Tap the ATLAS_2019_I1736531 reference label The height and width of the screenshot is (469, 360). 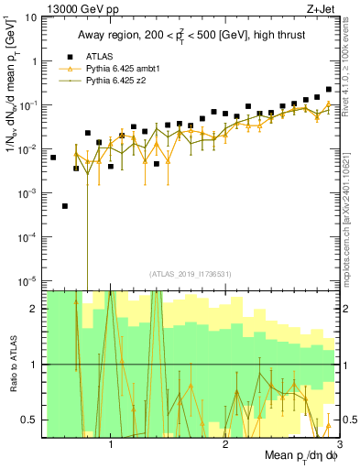[190, 273]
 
